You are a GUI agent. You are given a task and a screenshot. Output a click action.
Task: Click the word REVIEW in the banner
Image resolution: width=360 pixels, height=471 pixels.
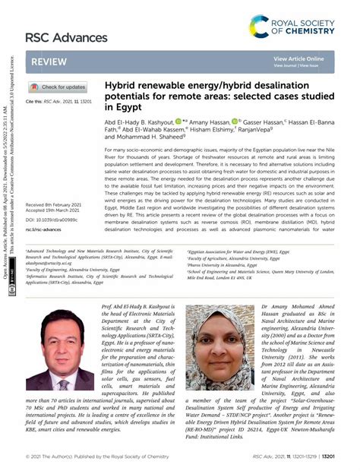tap(49, 61)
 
